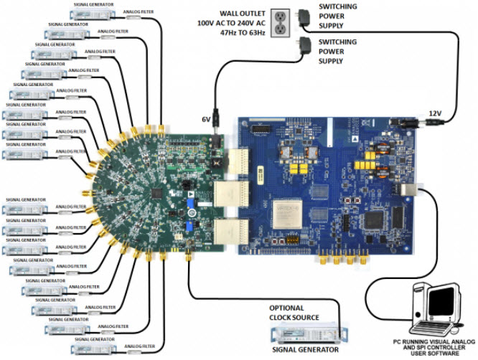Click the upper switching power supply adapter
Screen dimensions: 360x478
(310, 16)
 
